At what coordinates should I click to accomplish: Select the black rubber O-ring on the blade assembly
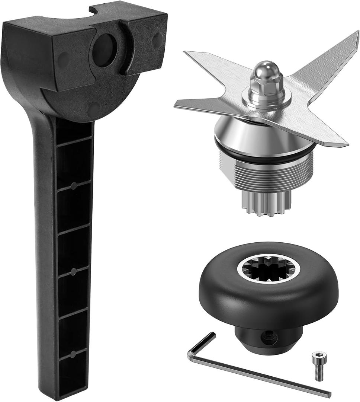point(264,156)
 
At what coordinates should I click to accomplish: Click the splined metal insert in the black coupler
point(266,268)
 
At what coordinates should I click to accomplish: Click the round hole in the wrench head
point(104,50)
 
